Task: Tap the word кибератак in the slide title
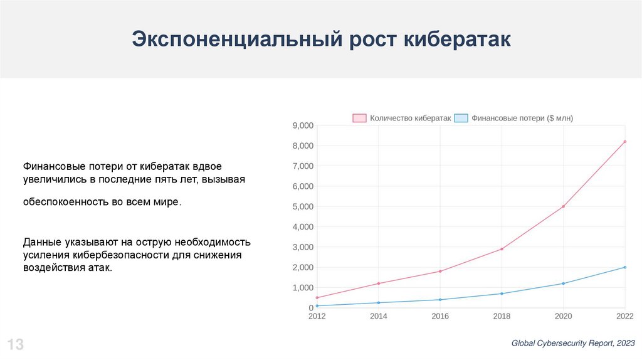(457, 40)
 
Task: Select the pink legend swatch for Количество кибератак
(359, 118)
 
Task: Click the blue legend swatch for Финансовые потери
(461, 118)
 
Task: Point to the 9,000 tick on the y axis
(303, 125)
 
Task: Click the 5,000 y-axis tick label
(303, 206)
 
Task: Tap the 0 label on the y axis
(311, 307)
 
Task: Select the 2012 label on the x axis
(317, 316)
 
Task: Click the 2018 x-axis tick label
(502, 316)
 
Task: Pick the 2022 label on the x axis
(625, 316)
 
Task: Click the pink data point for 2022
(625, 142)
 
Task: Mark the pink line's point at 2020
(564, 206)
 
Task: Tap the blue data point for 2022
(625, 267)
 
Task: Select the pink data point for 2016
(440, 271)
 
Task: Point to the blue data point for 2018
(502, 294)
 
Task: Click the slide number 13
(16, 344)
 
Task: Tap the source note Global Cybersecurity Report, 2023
(573, 343)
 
